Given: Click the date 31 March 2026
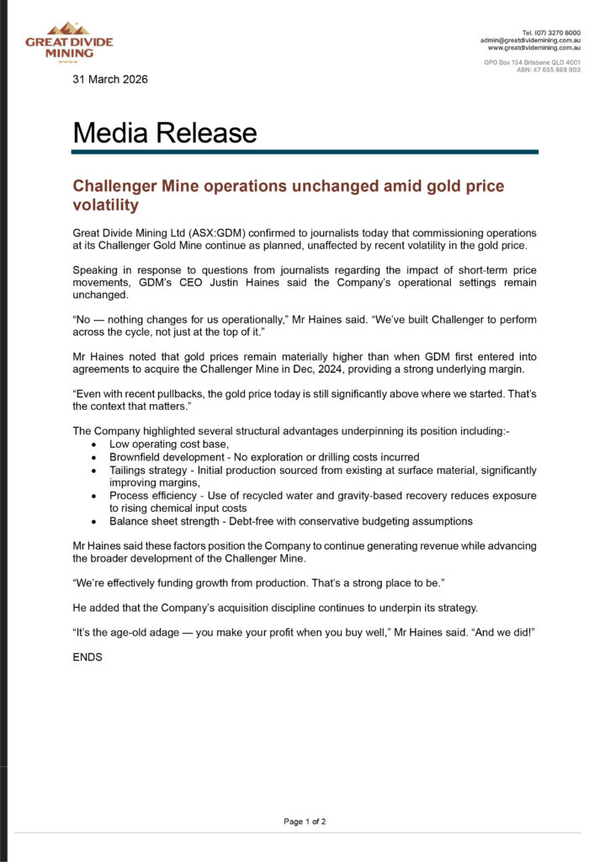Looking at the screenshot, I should pos(110,79).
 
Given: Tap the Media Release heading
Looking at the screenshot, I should pos(165,133).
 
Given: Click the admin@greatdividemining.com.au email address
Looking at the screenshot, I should pos(530,40).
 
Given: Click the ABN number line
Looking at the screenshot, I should pos(548,70).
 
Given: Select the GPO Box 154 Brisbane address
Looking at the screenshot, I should pos(532,62).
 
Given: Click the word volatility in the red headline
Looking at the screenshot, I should pos(105,205).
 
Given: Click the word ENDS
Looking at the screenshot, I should pos(88,657).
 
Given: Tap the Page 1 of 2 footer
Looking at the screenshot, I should pos(305,822).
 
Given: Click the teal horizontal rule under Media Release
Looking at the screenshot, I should pos(305,152).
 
